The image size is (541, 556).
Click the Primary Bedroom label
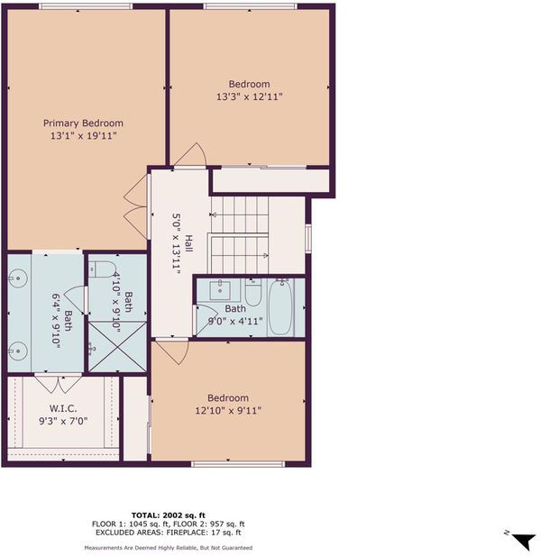[83, 123]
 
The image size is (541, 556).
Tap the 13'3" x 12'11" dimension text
[250, 96]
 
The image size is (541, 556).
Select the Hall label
[188, 243]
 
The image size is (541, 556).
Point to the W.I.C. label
[63, 408]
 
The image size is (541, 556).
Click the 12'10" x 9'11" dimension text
[228, 411]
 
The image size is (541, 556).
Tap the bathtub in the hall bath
[280, 307]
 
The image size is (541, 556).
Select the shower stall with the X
[117, 346]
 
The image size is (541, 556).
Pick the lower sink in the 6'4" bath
[17, 351]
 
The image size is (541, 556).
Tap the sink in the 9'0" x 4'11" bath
[220, 290]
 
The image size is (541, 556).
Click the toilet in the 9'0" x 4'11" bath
[253, 293]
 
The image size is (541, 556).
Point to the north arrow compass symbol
[523, 540]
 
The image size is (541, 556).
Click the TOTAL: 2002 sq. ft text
[168, 515]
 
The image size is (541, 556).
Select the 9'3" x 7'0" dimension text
[63, 421]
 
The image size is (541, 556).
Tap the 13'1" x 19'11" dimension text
[84, 135]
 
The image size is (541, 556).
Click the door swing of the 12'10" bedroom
[171, 352]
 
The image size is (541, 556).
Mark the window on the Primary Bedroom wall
[85, 6]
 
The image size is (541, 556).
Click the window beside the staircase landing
[308, 238]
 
